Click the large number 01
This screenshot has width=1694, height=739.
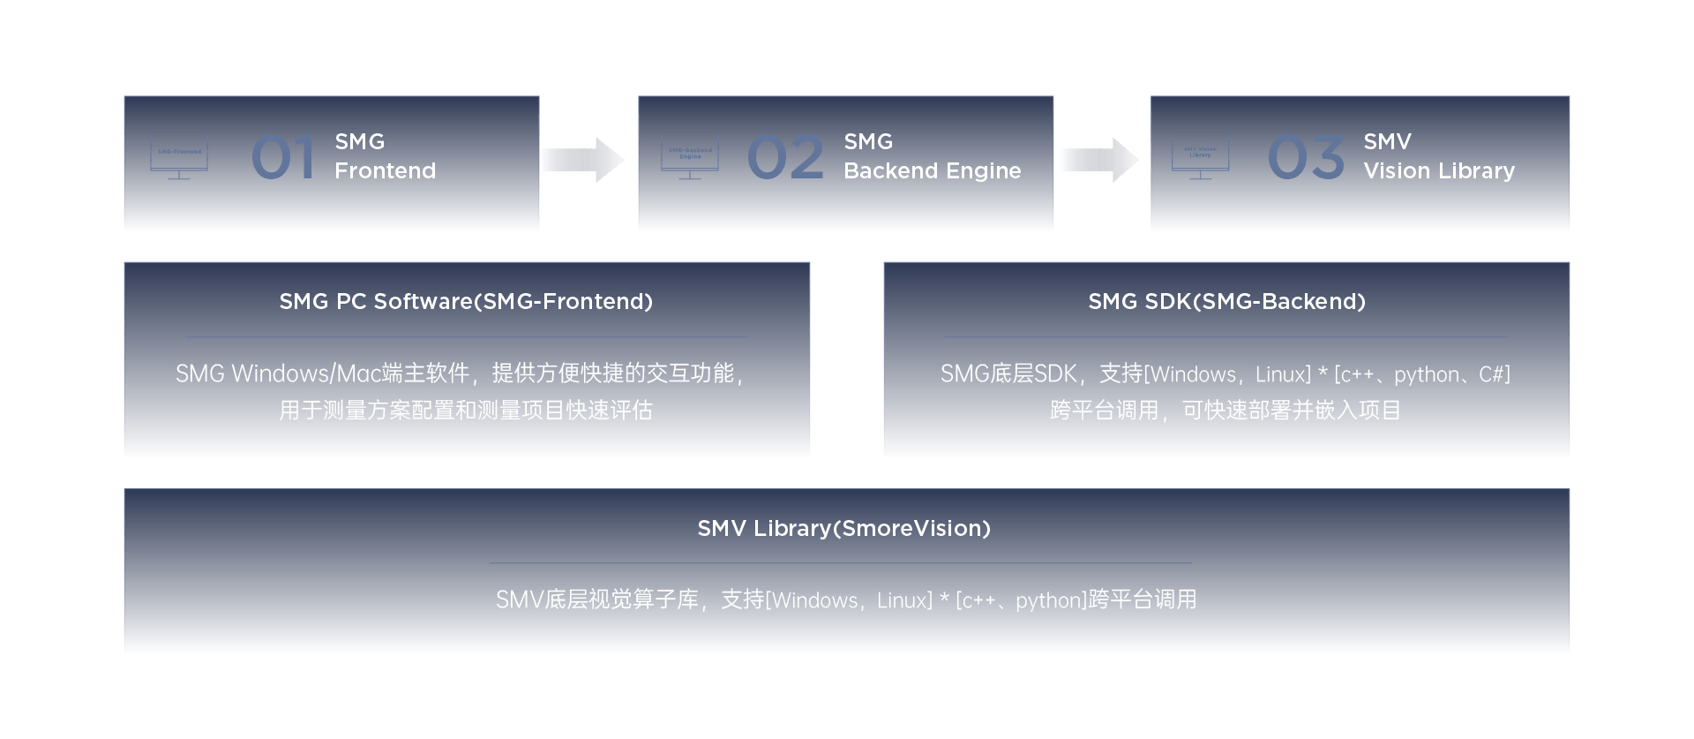click(x=282, y=158)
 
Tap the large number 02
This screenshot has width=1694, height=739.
click(x=784, y=158)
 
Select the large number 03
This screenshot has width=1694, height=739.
click(x=1305, y=158)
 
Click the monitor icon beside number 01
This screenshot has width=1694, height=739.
click(x=179, y=156)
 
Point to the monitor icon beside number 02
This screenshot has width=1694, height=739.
click(x=690, y=156)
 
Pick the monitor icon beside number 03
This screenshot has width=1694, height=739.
click(x=1200, y=156)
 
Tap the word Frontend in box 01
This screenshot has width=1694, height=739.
click(x=385, y=171)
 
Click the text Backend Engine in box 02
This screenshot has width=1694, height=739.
click(x=932, y=171)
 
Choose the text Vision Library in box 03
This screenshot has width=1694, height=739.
click(x=1438, y=171)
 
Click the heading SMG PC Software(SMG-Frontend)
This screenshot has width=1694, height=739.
click(x=466, y=302)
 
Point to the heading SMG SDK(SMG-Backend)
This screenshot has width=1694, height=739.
click(x=1226, y=302)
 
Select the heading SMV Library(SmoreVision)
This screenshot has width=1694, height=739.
click(x=843, y=529)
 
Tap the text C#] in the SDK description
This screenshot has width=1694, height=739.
click(x=1495, y=375)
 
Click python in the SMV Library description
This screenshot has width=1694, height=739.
click(x=1049, y=601)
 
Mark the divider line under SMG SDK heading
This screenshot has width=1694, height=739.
click(x=1226, y=337)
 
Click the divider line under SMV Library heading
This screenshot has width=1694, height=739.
click(x=840, y=563)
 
